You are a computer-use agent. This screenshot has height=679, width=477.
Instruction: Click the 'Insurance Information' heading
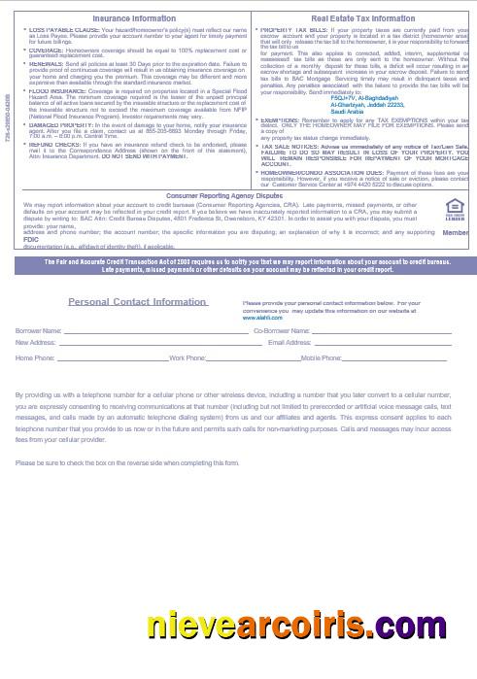(x=133, y=18)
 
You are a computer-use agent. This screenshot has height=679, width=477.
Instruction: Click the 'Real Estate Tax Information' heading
(x=362, y=18)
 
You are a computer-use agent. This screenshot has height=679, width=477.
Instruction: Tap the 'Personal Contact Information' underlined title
(x=138, y=302)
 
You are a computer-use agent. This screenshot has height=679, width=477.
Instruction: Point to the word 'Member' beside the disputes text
(x=455, y=232)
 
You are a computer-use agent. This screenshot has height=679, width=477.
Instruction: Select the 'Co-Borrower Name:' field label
(x=282, y=330)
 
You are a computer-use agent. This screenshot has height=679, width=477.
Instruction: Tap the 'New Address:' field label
(x=36, y=342)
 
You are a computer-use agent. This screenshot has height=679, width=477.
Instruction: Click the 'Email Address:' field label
(x=290, y=342)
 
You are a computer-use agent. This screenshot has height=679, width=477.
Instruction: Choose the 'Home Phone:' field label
(x=35, y=358)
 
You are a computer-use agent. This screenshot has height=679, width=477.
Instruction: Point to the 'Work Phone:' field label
(x=187, y=358)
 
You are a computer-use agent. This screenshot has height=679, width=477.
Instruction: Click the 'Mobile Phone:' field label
(x=320, y=358)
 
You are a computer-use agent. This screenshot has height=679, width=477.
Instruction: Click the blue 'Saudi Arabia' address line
(x=347, y=111)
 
